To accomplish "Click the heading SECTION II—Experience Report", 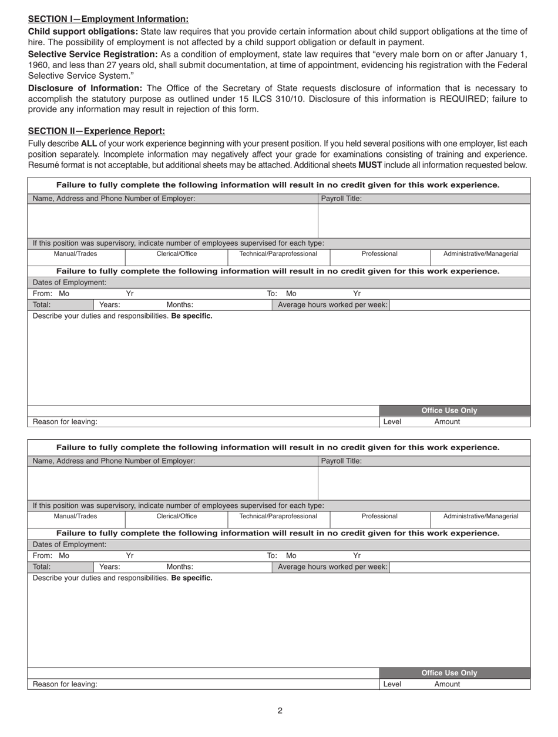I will click(x=96, y=131).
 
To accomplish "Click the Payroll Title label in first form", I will click(x=341, y=199).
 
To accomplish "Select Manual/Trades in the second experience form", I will click(x=76, y=516).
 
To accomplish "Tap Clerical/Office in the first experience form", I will click(x=176, y=254).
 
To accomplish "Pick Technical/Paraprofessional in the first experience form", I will click(x=278, y=254).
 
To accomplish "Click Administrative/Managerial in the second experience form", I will click(x=480, y=516).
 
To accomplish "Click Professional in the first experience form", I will click(x=379, y=254).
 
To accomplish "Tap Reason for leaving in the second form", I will click(x=65, y=684).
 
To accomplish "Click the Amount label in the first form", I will click(x=447, y=422).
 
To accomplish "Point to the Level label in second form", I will click(x=392, y=684).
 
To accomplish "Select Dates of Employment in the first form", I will click(x=69, y=282).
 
